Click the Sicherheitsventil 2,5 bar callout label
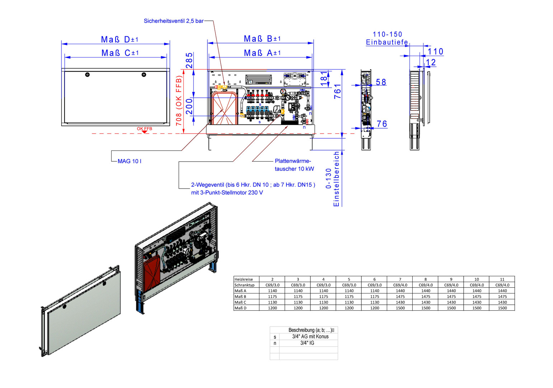[174, 21]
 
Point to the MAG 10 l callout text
[130, 161]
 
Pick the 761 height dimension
[337, 92]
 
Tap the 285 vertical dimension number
[189, 60]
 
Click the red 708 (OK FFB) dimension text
[179, 101]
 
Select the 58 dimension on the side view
[381, 82]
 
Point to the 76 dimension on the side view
[382, 124]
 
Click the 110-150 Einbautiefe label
[387, 38]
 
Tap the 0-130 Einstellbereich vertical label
[332, 179]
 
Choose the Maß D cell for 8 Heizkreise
[426, 308]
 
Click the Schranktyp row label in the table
[244, 285]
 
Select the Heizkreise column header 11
[502, 279]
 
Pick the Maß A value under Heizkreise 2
[272, 291]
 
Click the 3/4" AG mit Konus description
[310, 337]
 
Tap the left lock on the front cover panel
[87, 75]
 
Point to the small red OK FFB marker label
[144, 129]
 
